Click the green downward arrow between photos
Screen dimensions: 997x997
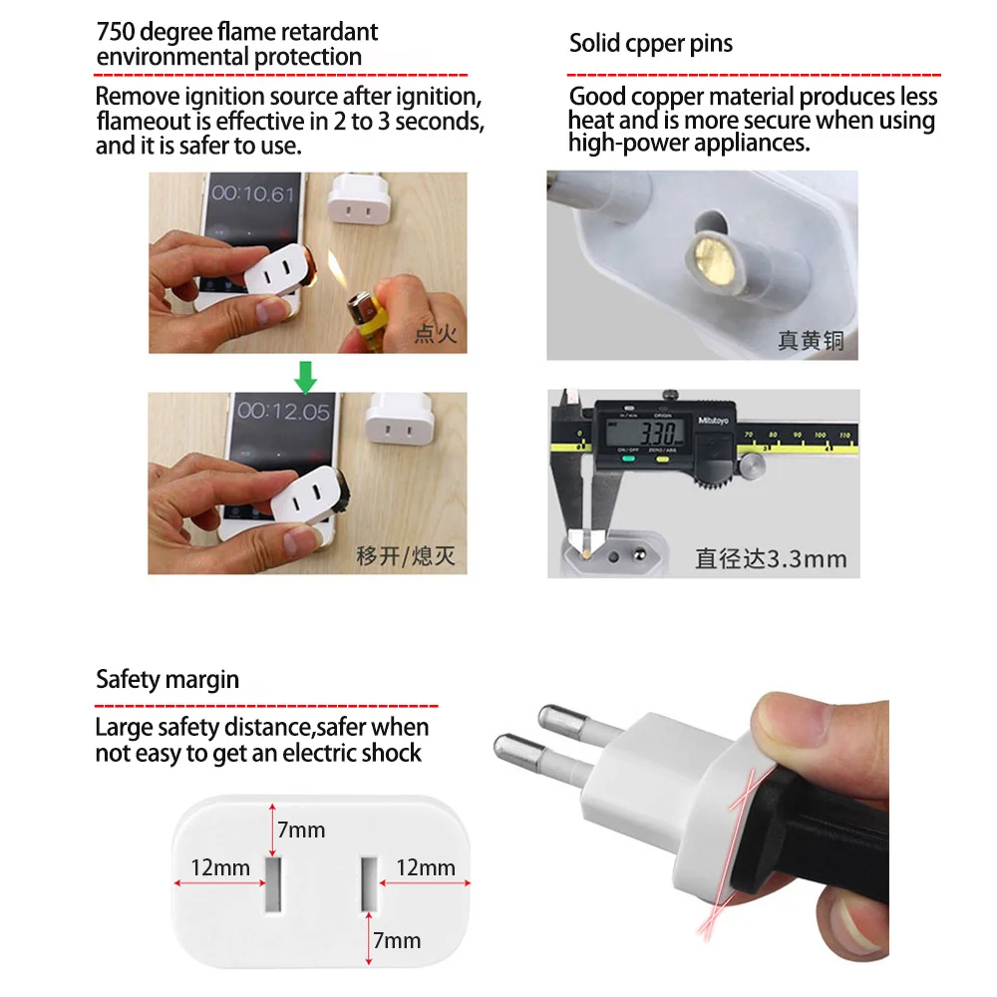306,376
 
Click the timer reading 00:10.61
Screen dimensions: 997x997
253,193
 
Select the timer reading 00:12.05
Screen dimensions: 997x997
283,411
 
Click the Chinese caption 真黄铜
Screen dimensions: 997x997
811,340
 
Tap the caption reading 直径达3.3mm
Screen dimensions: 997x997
771,558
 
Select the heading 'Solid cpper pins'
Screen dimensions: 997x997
650,44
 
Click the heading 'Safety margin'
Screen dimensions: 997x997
167,680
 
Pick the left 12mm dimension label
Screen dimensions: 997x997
220,867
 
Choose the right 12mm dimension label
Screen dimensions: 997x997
425,867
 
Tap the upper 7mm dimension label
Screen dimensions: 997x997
300,830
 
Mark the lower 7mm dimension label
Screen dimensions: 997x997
397,940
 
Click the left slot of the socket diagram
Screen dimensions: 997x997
272,882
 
